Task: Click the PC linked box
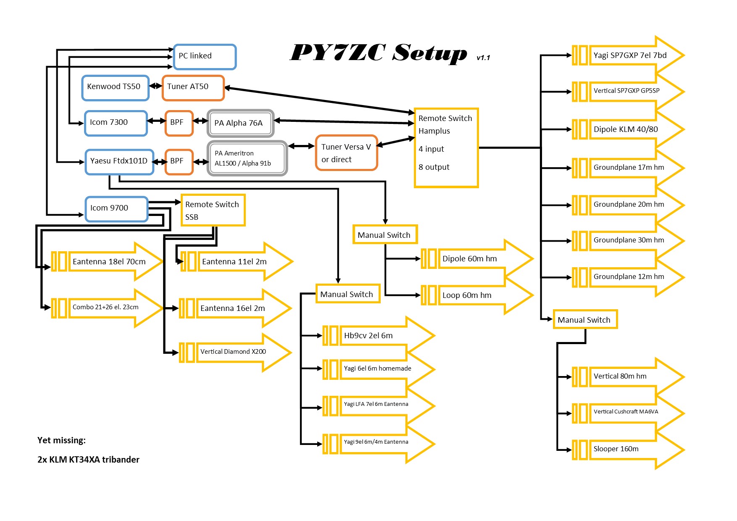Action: coord(205,57)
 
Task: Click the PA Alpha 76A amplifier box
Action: coord(240,123)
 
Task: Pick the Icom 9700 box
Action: coord(116,209)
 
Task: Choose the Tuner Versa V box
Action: coord(346,153)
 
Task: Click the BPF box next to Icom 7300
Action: coord(179,123)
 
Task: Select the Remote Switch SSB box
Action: coord(213,210)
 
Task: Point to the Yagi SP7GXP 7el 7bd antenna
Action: coord(628,55)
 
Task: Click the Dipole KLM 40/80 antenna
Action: coord(628,129)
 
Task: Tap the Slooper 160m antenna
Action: coord(628,449)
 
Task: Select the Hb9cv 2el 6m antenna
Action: coord(378,336)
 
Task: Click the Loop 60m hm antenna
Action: coord(477,295)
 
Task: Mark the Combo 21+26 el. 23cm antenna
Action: coord(107,308)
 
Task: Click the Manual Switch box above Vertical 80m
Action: coord(584,320)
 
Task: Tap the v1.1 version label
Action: coord(483,58)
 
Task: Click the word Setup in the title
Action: coord(429,53)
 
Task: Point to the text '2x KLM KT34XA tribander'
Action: coord(88,460)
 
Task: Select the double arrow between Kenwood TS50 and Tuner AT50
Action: coord(155,86)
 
